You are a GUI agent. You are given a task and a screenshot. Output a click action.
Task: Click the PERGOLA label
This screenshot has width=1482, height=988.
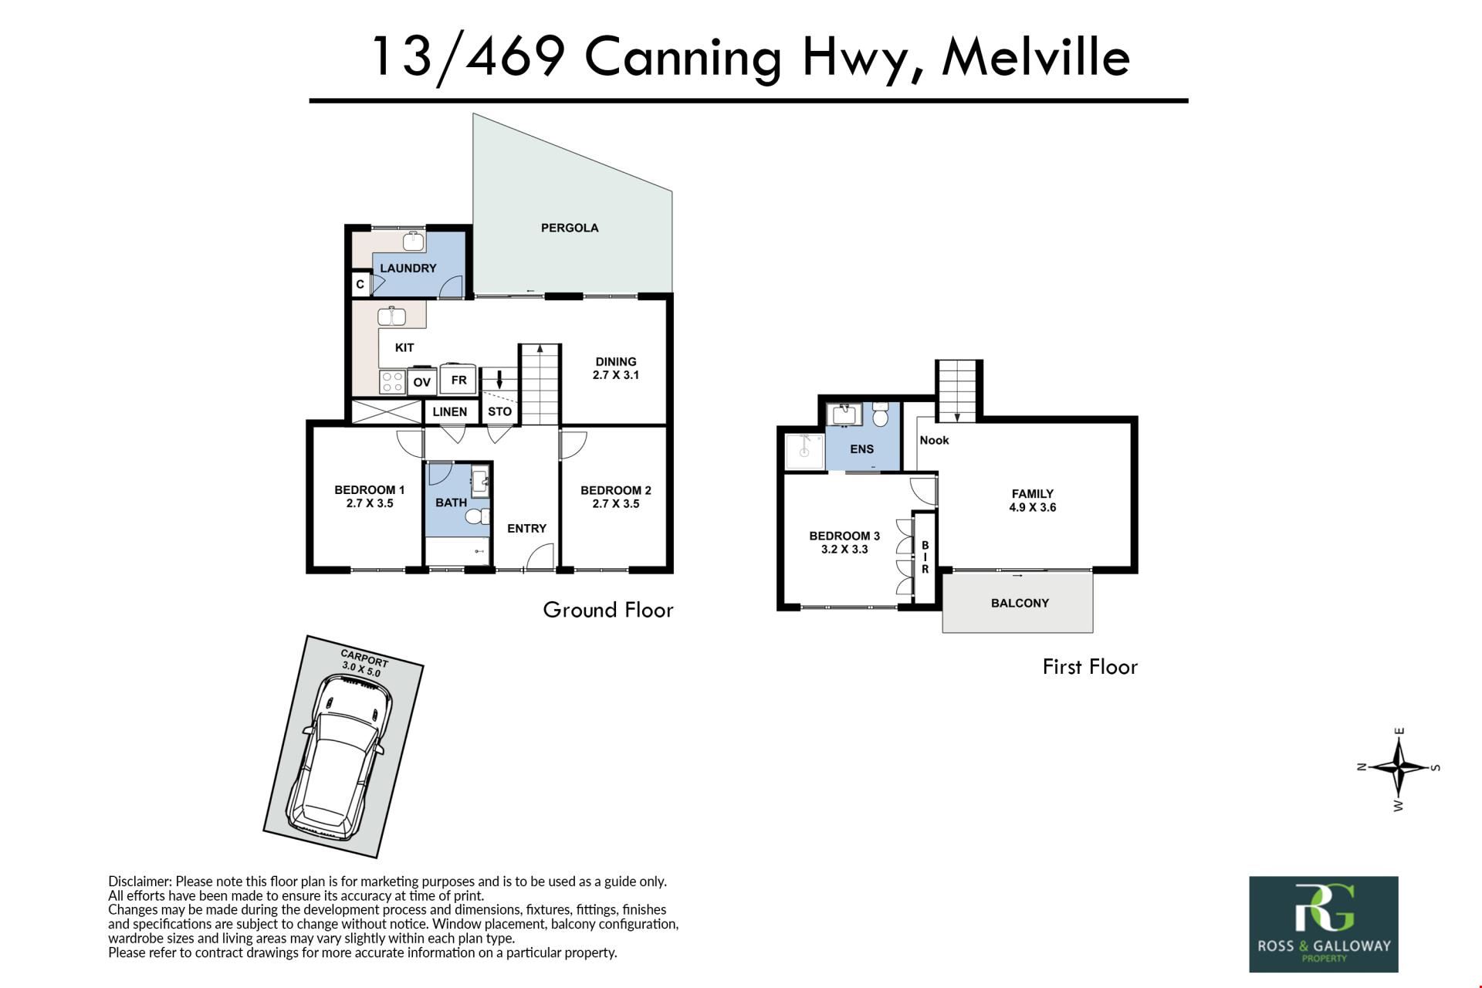[x=570, y=228]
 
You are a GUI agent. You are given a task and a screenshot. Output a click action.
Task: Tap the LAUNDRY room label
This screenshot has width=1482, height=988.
[x=408, y=268]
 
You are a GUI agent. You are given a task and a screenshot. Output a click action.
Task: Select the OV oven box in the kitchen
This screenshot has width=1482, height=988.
[x=421, y=381]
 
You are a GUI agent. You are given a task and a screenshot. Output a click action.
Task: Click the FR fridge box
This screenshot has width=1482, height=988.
[x=458, y=380]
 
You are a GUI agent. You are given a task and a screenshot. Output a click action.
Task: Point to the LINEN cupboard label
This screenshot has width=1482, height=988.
[x=449, y=411]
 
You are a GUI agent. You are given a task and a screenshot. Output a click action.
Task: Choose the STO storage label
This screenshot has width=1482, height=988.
[x=499, y=411]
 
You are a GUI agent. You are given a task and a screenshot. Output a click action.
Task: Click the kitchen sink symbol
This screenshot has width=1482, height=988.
[x=393, y=316]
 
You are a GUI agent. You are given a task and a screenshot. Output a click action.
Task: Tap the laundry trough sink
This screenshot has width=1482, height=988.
[x=414, y=241]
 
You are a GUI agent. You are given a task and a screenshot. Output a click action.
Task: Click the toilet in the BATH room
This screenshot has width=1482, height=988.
[x=478, y=516]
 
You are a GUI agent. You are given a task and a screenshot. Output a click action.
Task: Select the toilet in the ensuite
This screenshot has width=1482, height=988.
[x=880, y=417]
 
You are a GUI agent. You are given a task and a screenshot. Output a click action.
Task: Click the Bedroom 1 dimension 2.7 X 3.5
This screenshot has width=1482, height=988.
[x=370, y=503]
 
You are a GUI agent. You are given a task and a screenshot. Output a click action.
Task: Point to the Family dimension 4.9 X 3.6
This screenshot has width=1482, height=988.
[x=1033, y=507]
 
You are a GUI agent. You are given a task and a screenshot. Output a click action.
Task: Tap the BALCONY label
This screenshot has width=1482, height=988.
[x=1020, y=603]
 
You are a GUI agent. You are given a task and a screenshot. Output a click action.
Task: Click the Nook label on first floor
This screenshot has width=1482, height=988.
[x=934, y=440]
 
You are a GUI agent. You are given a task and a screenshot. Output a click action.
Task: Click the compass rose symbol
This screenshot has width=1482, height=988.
[x=1399, y=768]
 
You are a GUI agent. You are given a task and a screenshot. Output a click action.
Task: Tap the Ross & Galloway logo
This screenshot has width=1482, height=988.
[x=1324, y=924]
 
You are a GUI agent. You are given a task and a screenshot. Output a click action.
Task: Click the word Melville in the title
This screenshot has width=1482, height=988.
[x=1036, y=57]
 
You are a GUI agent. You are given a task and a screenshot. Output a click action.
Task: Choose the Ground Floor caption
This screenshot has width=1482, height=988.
[x=608, y=610]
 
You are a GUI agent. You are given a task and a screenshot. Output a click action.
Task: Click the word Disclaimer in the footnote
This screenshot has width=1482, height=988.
[x=140, y=881]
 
